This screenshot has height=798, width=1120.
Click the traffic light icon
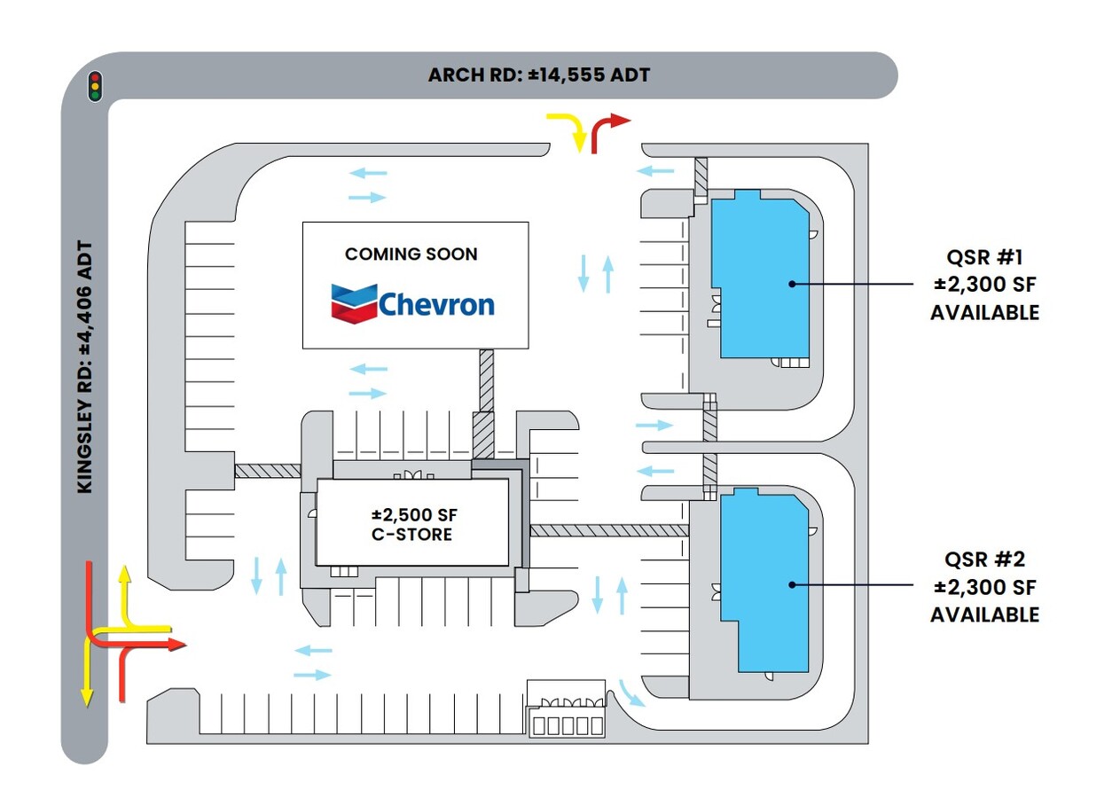coord(95,86)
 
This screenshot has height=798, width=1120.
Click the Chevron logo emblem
coord(354,303)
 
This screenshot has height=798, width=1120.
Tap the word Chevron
coord(436,305)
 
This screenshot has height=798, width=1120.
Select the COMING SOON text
coord(411,254)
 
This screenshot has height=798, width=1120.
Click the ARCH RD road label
coord(538,75)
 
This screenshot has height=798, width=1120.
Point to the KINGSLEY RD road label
coord(85,366)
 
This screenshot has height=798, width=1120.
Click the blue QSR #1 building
coord(764,275)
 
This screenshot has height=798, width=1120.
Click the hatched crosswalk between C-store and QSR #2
coord(609,530)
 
